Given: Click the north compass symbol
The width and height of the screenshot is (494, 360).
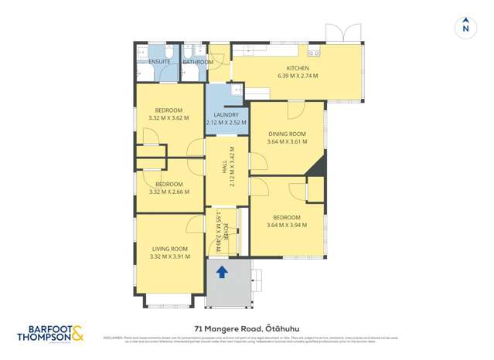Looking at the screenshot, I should [465, 26].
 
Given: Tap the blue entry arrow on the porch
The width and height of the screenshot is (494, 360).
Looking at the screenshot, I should [222, 271].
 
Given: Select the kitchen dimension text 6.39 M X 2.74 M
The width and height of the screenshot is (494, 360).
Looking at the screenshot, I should [298, 76].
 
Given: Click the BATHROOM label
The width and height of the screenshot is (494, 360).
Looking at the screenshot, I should [198, 62].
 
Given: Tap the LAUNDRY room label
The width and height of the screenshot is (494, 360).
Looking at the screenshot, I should [226, 115].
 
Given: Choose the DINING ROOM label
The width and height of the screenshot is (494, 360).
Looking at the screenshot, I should [287, 134].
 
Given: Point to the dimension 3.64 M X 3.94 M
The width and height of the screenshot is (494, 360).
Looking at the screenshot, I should [287, 225].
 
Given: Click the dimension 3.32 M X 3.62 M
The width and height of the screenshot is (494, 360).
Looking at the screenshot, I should [169, 118].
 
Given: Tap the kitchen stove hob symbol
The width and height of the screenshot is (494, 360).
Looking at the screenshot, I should [314, 53].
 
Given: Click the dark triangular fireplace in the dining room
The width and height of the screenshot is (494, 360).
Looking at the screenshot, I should [319, 164].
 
